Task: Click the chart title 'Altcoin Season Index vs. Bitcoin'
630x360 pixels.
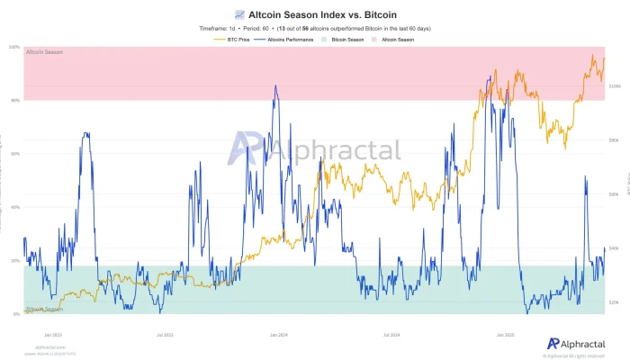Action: (x=321, y=15)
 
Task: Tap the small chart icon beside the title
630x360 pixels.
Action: (x=238, y=15)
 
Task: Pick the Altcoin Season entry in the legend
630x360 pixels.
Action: (x=396, y=40)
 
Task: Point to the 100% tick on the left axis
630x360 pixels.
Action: (x=15, y=47)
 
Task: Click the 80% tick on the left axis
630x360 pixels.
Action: (x=15, y=100)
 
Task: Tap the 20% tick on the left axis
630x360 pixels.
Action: (x=15, y=260)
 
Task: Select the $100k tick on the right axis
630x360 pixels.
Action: (x=616, y=86)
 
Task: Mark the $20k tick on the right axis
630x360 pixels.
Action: (x=616, y=302)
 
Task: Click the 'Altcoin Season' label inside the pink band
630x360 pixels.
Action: (x=44, y=53)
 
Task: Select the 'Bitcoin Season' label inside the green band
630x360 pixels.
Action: (x=44, y=309)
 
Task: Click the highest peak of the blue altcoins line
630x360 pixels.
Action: (x=275, y=86)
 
